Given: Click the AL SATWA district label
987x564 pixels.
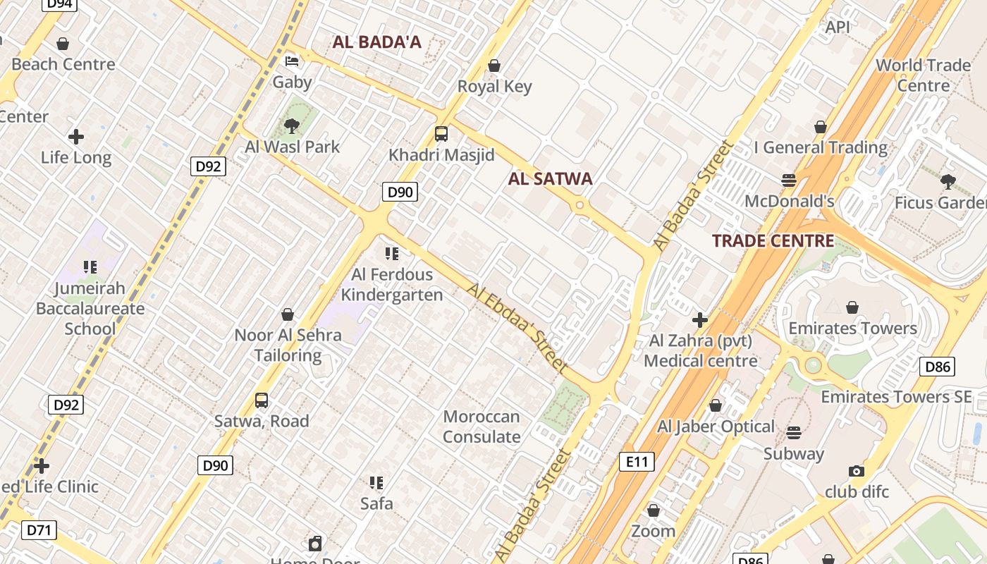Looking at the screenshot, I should click(550, 179).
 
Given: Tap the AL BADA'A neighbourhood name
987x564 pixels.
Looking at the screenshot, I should click(376, 42).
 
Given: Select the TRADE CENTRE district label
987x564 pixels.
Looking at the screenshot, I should click(773, 241).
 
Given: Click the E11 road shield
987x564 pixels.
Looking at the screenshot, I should click(637, 462).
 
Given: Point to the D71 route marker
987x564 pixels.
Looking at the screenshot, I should click(39, 530).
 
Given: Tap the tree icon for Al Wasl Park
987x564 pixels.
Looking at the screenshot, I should click(291, 126).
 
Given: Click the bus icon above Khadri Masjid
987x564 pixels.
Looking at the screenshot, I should click(441, 133).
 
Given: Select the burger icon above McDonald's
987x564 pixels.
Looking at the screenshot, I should click(789, 180).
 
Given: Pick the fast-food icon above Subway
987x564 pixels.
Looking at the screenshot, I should click(794, 432).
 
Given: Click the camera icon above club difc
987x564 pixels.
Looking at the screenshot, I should click(857, 470).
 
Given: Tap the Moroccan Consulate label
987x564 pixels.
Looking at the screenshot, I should click(482, 427).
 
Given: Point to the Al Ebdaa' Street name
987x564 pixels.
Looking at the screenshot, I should click(517, 328).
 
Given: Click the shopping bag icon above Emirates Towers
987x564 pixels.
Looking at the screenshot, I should click(852, 307).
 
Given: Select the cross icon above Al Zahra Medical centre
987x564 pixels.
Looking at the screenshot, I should click(699, 321).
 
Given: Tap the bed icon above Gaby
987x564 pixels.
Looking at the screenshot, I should click(292, 61).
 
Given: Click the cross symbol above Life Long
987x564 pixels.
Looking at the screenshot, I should click(76, 136).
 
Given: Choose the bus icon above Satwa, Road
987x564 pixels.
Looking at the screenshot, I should click(262, 400).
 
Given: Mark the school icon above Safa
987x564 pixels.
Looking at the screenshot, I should click(376, 483).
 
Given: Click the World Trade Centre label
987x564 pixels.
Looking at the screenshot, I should click(923, 75).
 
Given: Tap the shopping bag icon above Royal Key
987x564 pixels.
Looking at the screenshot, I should click(494, 66).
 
